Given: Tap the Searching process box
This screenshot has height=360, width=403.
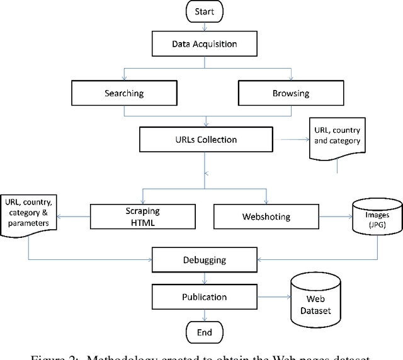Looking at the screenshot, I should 124,94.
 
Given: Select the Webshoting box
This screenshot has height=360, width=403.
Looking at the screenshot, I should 266,216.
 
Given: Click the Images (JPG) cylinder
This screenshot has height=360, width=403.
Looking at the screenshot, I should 377,216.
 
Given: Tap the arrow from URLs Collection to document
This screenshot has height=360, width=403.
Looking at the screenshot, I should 290,139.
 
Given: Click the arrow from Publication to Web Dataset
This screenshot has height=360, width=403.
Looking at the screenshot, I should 271,296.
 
